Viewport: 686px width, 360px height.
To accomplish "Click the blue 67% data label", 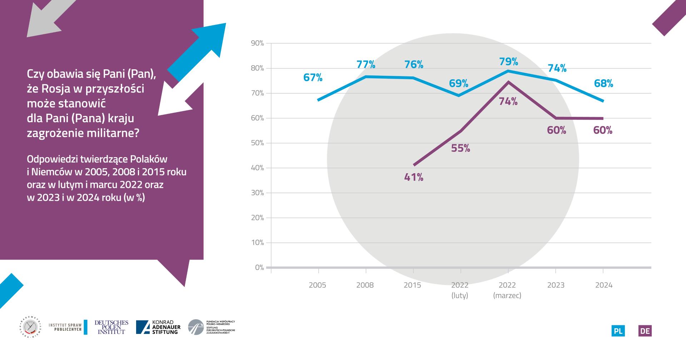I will tap(313, 77).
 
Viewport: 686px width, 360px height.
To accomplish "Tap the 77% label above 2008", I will tap(366, 65).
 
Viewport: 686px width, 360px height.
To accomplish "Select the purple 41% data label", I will tap(414, 177).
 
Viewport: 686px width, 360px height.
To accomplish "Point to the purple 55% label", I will tap(461, 148).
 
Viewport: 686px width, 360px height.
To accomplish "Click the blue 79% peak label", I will tap(508, 62).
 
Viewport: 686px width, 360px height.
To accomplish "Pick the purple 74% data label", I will tap(508, 102).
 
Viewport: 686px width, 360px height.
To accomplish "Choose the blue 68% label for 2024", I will tap(603, 84).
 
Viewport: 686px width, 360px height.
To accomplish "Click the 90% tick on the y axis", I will tap(257, 43).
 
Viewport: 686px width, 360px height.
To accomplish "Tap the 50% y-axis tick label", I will tap(257, 143).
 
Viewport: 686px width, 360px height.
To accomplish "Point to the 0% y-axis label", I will tap(259, 267).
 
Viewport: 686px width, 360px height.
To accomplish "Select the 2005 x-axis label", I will tap(317, 285).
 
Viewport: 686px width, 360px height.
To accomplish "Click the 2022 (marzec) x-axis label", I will tap(507, 290).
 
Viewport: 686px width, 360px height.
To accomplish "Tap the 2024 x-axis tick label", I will tap(603, 285).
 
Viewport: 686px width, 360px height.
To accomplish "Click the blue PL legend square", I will tap(618, 331).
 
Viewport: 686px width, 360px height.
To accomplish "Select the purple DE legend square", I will tap(645, 331).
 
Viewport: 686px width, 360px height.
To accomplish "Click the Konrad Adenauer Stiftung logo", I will tap(158, 327).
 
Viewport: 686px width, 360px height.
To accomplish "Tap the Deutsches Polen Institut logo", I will tap(111, 327).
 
